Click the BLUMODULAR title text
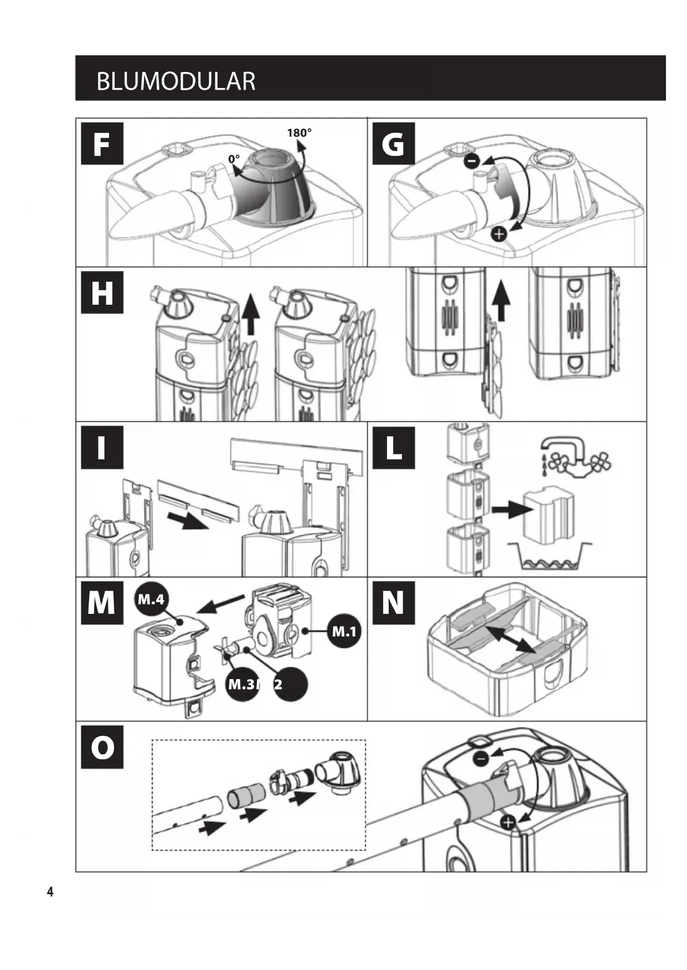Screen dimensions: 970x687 point(175,81)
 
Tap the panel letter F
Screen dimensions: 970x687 point(102,144)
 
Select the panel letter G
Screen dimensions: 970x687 point(393,144)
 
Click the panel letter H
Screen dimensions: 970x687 point(102,293)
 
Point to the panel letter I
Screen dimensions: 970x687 point(102,448)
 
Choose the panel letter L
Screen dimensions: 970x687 point(393,448)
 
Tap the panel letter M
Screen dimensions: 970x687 point(102,602)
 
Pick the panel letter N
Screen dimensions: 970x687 point(393,602)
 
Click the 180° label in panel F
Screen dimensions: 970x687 point(299,133)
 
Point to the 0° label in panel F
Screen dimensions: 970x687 point(234,159)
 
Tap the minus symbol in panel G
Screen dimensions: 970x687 point(472,161)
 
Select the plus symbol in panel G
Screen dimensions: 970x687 point(499,234)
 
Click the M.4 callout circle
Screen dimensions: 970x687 point(151,599)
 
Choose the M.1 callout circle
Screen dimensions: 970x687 point(344,631)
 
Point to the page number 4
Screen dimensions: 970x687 point(50,891)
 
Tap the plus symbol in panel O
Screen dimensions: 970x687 point(508,822)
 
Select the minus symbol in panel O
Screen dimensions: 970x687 point(481,759)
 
